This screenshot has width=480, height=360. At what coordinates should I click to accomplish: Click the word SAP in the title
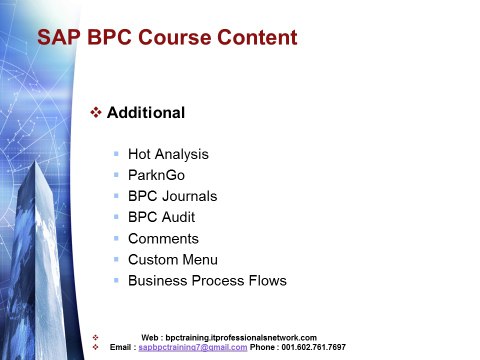click(x=59, y=37)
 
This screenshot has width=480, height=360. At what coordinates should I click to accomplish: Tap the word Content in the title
click(x=257, y=37)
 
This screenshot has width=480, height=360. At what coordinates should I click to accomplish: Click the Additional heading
click(x=146, y=113)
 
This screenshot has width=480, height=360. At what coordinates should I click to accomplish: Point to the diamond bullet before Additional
click(x=96, y=112)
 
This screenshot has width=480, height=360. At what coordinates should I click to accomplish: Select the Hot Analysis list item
click(x=168, y=154)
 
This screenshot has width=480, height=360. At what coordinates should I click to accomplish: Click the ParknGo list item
click(x=156, y=175)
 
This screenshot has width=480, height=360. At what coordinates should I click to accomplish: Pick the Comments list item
click(x=163, y=239)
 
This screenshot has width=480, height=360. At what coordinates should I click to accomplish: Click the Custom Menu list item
click(x=173, y=260)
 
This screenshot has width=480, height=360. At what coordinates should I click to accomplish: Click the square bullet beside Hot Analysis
click(x=116, y=154)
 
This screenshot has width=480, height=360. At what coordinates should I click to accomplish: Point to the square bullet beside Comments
click(x=116, y=238)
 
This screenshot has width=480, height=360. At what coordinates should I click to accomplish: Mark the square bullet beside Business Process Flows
click(x=116, y=280)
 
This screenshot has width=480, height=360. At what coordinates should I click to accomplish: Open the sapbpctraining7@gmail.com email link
click(x=193, y=347)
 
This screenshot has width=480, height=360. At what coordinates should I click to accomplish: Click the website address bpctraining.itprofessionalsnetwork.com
click(x=241, y=338)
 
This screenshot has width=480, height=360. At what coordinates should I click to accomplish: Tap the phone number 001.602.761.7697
click(x=313, y=347)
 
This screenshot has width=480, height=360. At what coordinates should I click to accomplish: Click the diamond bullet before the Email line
click(x=95, y=347)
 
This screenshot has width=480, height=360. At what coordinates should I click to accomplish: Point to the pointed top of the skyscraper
click(x=35, y=161)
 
